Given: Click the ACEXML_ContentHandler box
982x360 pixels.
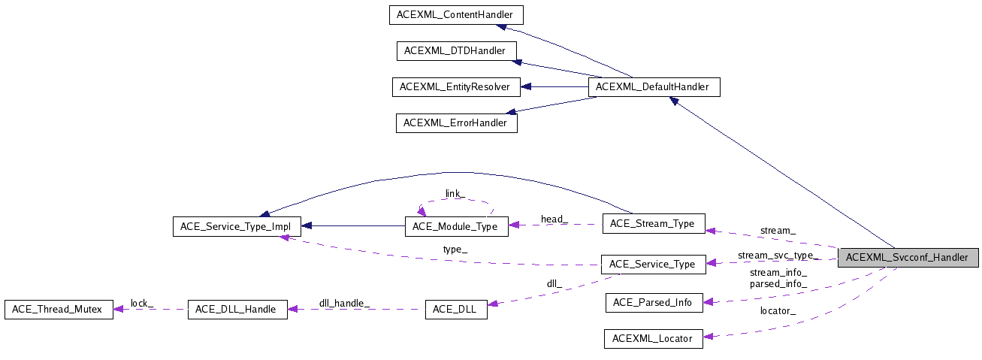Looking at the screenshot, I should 455,14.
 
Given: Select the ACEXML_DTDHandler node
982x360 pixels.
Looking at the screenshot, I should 456,51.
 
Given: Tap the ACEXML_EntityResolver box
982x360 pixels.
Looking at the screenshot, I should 455,86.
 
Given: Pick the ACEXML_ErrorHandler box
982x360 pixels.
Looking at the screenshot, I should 456,123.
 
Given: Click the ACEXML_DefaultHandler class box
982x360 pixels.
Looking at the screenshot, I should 652,86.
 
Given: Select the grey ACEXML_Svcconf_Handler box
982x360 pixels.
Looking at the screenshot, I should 908,257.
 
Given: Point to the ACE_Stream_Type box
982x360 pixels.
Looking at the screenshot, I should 653,223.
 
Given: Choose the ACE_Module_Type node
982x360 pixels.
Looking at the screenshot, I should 456,226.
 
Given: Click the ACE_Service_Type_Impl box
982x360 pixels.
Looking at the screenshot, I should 237,226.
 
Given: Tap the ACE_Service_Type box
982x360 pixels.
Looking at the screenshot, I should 652,264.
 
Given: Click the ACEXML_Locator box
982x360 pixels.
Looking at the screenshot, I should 653,338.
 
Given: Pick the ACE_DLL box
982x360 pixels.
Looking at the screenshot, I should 455,309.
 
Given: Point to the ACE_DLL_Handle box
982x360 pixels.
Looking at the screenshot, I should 237,309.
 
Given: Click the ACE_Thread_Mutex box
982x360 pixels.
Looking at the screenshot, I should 59,309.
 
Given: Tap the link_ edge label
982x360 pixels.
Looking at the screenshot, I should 455,194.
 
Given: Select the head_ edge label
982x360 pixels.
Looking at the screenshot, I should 554,219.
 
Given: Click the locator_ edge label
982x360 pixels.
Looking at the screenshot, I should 778,310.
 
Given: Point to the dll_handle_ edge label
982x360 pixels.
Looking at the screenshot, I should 344,303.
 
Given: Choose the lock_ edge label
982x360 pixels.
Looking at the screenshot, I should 142,303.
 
